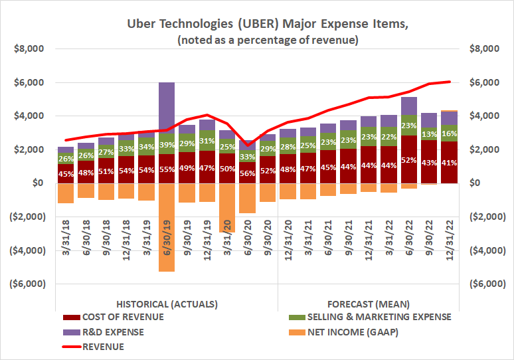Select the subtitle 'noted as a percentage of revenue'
click(268, 40)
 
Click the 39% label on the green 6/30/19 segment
click(167, 143)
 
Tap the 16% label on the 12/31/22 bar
click(450, 133)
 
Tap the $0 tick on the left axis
click(37, 183)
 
